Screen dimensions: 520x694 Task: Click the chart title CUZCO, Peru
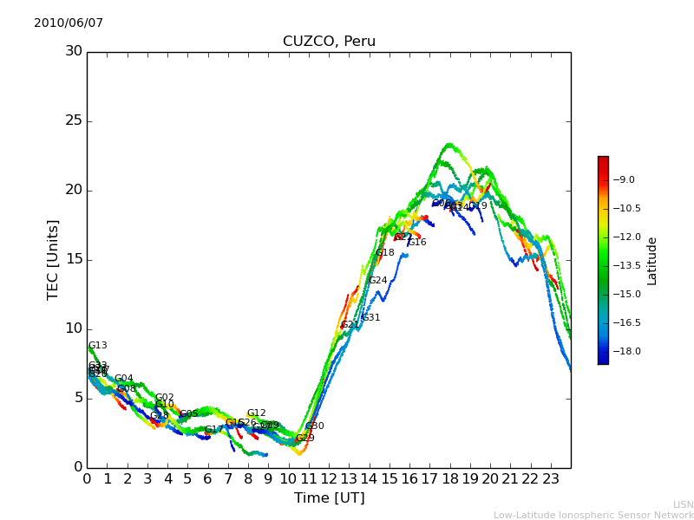(x=329, y=42)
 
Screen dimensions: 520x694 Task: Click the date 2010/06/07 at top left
(x=69, y=23)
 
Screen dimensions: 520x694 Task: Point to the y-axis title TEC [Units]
(x=54, y=259)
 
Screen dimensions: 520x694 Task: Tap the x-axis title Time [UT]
(x=329, y=498)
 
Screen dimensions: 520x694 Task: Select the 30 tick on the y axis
(x=74, y=51)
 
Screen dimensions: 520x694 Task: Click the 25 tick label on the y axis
(x=74, y=120)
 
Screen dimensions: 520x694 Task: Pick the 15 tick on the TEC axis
(x=74, y=259)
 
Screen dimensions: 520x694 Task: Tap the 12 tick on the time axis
(x=329, y=478)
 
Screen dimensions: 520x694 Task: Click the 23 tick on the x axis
(x=551, y=478)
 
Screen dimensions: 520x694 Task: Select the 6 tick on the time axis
(x=208, y=478)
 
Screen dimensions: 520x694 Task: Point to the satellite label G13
(x=98, y=346)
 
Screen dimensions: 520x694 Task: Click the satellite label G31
(x=370, y=318)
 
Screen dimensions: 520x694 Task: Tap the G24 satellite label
(x=377, y=281)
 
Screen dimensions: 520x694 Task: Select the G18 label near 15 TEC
(x=384, y=253)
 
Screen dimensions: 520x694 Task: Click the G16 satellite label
(x=417, y=243)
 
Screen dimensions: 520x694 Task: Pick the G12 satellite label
(x=256, y=413)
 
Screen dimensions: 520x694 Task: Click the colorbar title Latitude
(x=652, y=260)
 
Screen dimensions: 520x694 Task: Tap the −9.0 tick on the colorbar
(x=625, y=180)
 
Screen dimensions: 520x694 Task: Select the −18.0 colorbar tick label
(x=626, y=352)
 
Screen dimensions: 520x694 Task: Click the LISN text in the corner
(x=684, y=504)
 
